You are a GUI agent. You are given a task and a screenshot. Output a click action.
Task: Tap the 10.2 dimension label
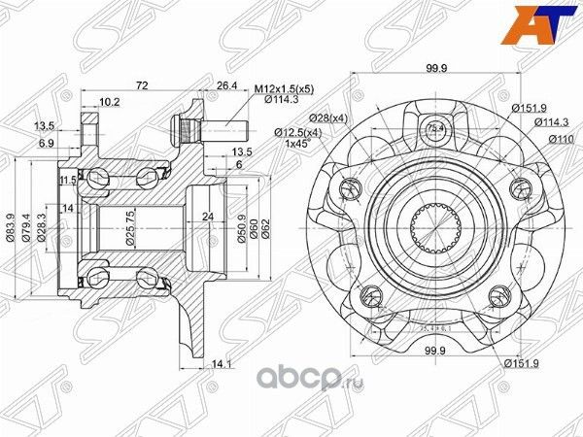coord(110,101)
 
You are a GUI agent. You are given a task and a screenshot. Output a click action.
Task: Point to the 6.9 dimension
coord(46,143)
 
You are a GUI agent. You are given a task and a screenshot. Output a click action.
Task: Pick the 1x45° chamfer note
coord(299,143)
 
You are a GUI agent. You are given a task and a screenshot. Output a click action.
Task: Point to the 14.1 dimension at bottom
coord(224,365)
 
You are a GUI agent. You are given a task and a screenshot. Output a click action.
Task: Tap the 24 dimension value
coord(206,216)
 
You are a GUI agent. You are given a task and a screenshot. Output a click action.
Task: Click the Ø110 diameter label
coord(557,140)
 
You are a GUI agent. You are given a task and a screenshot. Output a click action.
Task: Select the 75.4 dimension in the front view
coord(434,126)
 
